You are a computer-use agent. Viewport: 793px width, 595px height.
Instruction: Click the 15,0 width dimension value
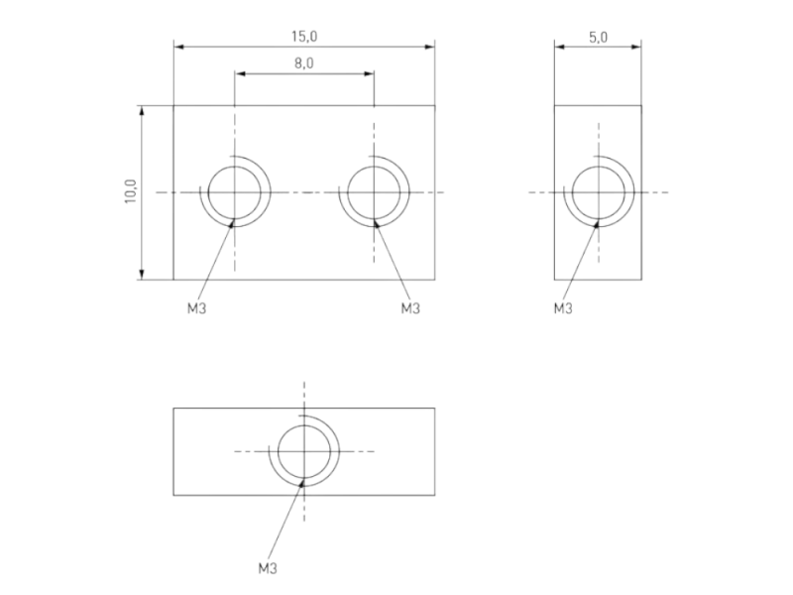pyautogui.click(x=304, y=36)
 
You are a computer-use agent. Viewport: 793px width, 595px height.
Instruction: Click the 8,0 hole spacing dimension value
pyautogui.click(x=304, y=63)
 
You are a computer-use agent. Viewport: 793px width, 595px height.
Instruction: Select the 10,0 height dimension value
pyautogui.click(x=130, y=191)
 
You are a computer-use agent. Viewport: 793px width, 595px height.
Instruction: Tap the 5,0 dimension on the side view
pyautogui.click(x=598, y=37)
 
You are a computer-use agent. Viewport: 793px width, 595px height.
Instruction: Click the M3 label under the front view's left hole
pyautogui.click(x=197, y=308)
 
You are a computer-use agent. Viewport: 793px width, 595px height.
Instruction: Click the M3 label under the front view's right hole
pyautogui.click(x=410, y=308)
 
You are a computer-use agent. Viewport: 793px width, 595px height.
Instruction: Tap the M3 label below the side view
pyautogui.click(x=563, y=308)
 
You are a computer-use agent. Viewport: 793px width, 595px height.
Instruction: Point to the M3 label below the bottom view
pyautogui.click(x=267, y=568)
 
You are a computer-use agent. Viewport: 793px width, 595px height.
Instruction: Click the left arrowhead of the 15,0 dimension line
pyautogui.click(x=178, y=45)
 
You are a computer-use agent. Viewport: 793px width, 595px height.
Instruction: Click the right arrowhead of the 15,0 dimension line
pyautogui.click(x=430, y=45)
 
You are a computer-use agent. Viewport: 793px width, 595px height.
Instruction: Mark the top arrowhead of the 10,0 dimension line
pyautogui.click(x=143, y=110)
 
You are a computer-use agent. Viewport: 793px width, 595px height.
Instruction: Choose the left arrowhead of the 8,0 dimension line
pyautogui.click(x=239, y=72)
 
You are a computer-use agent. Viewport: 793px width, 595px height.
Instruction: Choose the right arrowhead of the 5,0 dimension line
pyautogui.click(x=636, y=45)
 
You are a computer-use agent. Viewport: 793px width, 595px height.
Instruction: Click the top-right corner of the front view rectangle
pyautogui.click(x=435, y=105)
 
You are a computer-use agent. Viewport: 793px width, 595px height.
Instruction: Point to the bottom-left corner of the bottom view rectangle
pyautogui.click(x=173, y=495)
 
